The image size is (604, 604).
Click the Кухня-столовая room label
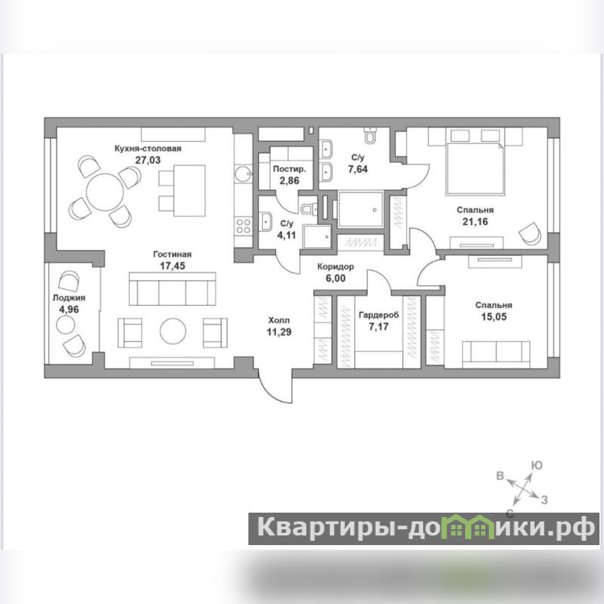(x=148, y=149)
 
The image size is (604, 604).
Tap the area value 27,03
(x=148, y=160)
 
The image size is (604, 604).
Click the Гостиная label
(x=172, y=254)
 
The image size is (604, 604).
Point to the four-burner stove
(x=243, y=226)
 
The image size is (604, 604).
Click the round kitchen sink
(x=243, y=174)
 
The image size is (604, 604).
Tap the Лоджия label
(x=69, y=297)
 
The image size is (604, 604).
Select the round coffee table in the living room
(x=173, y=331)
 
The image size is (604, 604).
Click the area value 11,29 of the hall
(x=279, y=331)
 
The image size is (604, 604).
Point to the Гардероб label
(x=379, y=315)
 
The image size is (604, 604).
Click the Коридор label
(x=335, y=267)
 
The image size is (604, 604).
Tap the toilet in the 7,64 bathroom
(x=370, y=136)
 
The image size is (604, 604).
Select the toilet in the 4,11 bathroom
(x=308, y=208)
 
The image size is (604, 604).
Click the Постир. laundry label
(x=289, y=169)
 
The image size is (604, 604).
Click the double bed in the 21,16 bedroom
(x=475, y=162)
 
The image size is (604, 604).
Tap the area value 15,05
(x=494, y=316)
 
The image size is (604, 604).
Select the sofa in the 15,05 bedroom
(x=496, y=354)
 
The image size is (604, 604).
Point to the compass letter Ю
(x=537, y=465)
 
